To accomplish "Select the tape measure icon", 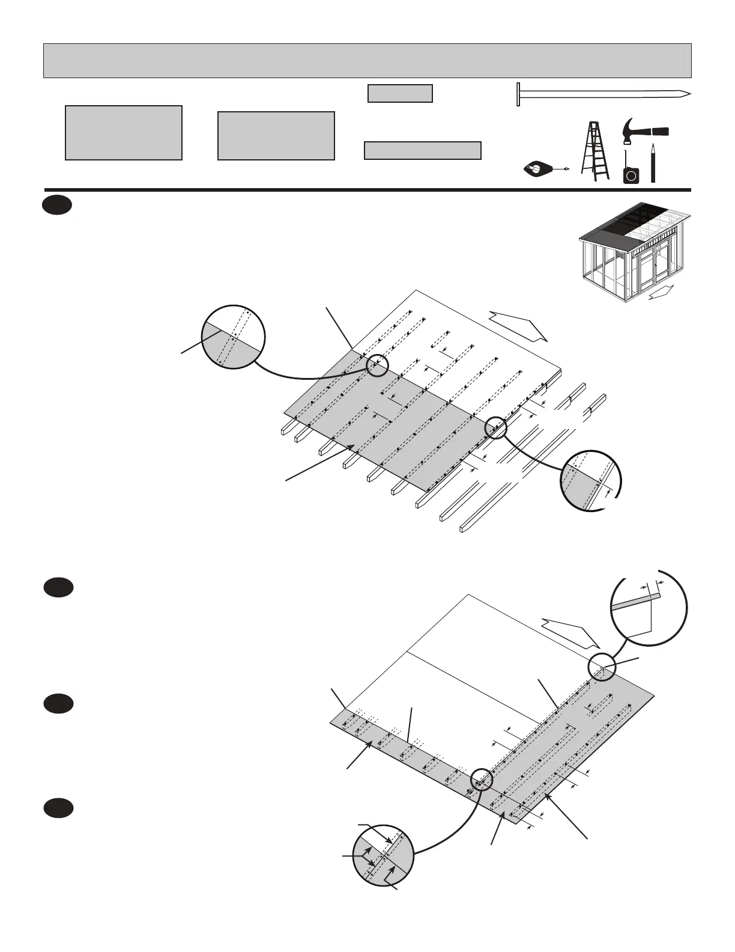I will coord(631,171).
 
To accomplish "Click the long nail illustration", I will coord(603,94).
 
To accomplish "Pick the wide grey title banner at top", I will coord(367,61).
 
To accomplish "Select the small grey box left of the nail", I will coord(400,94).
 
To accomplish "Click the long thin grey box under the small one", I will coord(423,150).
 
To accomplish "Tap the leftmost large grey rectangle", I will coord(124,133).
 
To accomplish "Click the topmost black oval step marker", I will coord(58,206).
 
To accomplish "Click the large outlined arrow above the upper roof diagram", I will coord(518,325).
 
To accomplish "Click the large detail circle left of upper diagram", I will coord(233,337).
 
